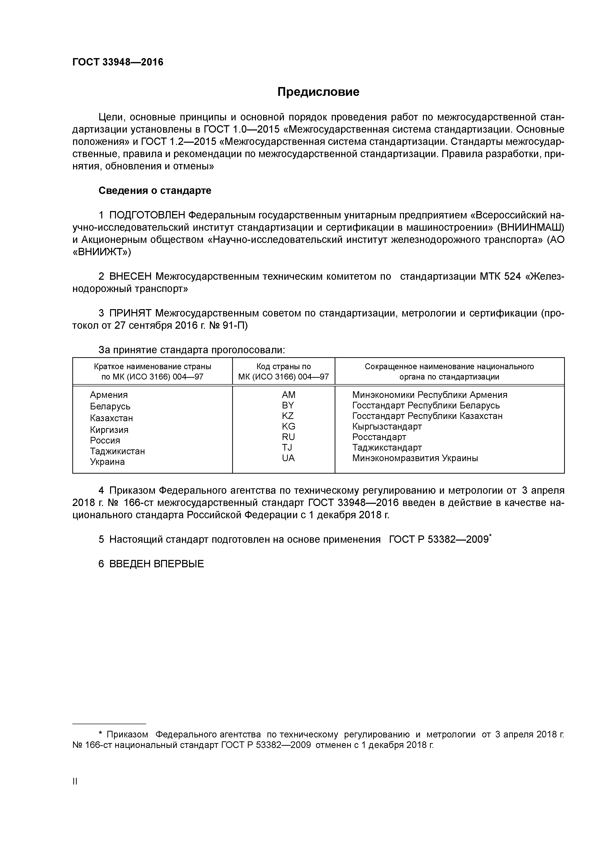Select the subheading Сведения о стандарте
coord(155,191)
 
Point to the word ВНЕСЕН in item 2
coord(130,277)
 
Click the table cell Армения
coord(109,395)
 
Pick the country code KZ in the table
coord(288,416)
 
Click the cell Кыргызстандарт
coord(387,426)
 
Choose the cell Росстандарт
coord(379,437)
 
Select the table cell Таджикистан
coord(117,451)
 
